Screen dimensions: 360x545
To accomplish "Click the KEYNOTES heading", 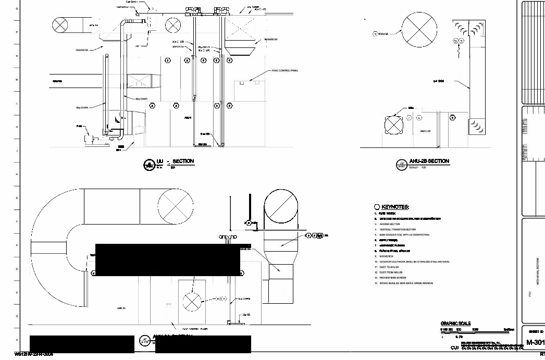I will (395, 207).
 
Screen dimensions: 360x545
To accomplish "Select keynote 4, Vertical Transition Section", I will (397, 229).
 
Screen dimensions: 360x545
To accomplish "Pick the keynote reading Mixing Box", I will (389, 256).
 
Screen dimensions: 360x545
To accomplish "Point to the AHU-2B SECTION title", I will (429, 161).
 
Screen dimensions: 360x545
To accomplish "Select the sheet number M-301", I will (535, 342).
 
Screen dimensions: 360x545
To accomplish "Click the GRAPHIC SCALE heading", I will (455, 324).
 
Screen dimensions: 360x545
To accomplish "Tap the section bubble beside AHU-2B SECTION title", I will (401, 165).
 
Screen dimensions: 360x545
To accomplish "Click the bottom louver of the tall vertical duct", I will (476, 126).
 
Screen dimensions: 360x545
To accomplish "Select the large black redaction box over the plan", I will (168, 259).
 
